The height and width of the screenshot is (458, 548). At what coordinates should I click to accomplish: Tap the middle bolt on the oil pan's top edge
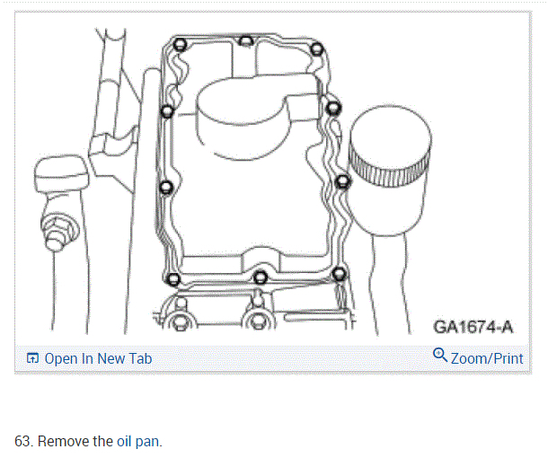pyautogui.click(x=246, y=40)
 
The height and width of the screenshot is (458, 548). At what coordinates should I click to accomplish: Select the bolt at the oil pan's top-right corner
pyautogui.click(x=314, y=48)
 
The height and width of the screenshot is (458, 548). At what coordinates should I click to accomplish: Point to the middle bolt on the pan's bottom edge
pyautogui.click(x=260, y=277)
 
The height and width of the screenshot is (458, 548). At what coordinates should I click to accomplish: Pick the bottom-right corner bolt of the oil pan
pyautogui.click(x=338, y=273)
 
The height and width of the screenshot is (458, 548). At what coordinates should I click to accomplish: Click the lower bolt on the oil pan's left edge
pyautogui.click(x=167, y=188)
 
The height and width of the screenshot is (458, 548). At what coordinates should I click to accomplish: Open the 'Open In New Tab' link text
pyautogui.click(x=98, y=358)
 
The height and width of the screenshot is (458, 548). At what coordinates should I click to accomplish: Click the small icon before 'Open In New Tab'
pyautogui.click(x=33, y=358)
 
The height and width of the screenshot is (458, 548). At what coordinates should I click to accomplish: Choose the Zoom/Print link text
pyautogui.click(x=487, y=357)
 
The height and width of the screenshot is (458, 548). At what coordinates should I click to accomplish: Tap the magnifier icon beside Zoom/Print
pyautogui.click(x=440, y=356)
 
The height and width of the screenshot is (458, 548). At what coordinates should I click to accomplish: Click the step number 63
pyautogui.click(x=22, y=442)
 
